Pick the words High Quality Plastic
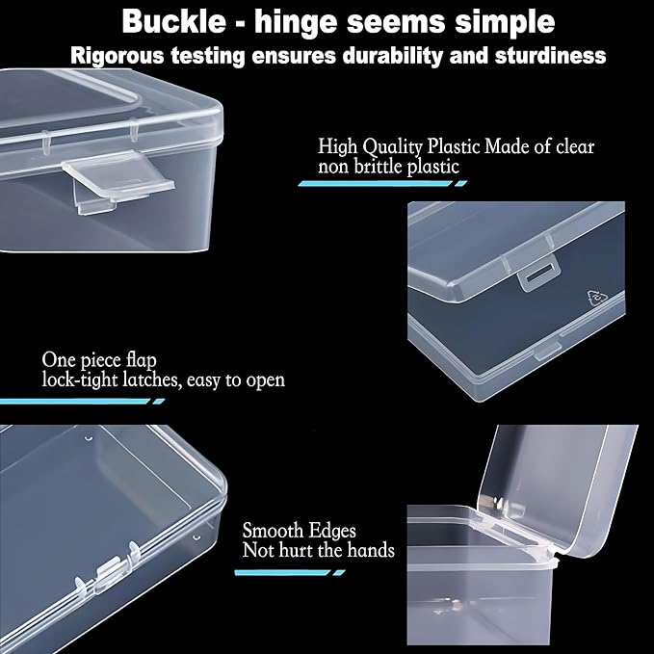pos(400,146)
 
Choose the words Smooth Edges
pos(299,530)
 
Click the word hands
pos(371,550)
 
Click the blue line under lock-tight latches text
pos(96,400)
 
